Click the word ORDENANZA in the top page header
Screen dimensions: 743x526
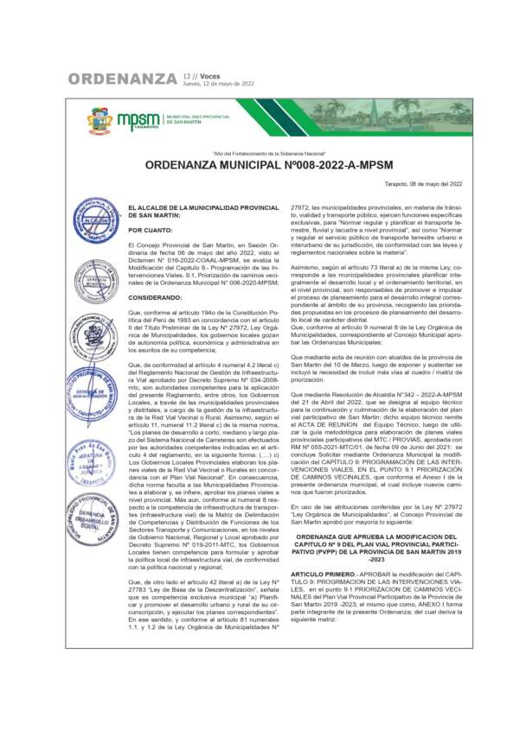122,79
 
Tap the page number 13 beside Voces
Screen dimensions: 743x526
187,76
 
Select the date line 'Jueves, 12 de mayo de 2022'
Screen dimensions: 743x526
219,84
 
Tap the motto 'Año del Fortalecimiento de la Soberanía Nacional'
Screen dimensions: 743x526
262,150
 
